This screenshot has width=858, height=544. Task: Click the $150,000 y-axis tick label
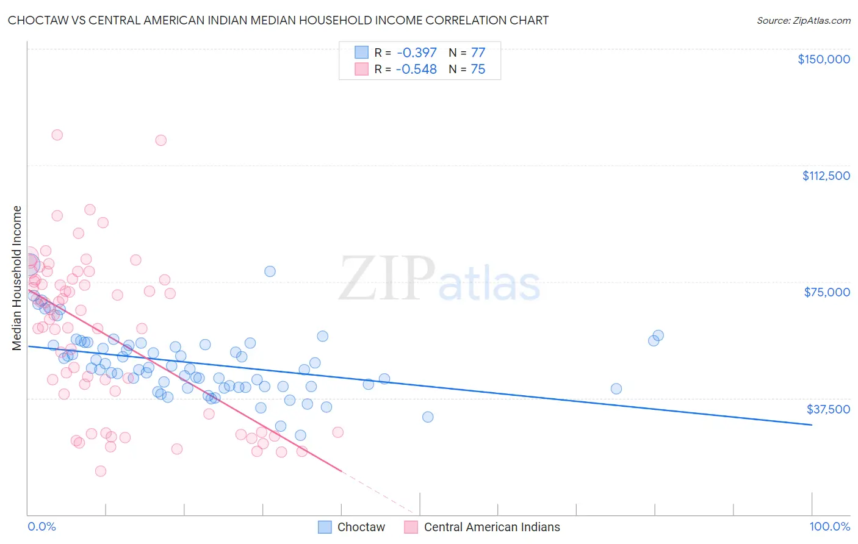click(823, 59)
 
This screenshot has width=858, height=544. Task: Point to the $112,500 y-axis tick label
click(826, 176)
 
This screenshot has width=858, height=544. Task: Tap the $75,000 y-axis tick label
click(827, 292)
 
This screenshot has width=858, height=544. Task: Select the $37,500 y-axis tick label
click(828, 409)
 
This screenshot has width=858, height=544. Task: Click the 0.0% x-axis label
click(41, 527)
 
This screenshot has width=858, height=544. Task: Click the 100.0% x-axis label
click(829, 527)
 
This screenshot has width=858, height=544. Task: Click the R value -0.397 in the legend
click(416, 53)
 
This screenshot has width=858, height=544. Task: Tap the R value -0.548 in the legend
click(416, 70)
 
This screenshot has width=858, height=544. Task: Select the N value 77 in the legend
click(478, 53)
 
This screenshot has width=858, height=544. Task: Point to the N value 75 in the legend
click(478, 70)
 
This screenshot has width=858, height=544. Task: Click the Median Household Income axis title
click(16, 278)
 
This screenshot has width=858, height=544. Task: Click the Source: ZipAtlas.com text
click(803, 21)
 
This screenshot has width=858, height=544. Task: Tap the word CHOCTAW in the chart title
click(37, 21)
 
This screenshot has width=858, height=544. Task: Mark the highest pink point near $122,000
click(57, 135)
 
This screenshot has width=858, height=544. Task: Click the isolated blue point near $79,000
click(270, 271)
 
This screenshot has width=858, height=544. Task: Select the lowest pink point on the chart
click(101, 471)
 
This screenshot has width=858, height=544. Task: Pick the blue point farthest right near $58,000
click(658, 335)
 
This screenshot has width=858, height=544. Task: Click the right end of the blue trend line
click(812, 424)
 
